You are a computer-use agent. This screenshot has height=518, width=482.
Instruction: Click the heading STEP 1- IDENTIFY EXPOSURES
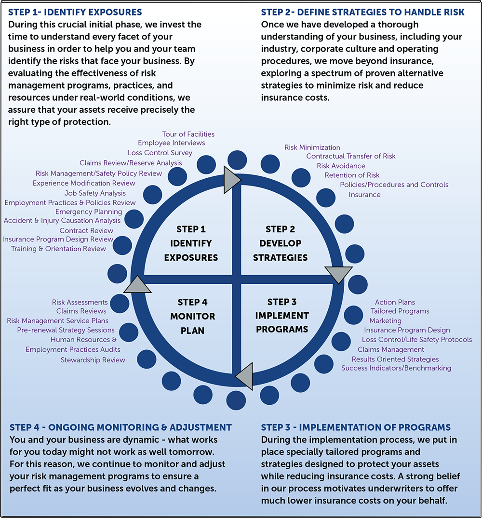75,12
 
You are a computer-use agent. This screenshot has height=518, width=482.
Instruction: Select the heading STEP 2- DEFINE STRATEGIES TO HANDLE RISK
363,12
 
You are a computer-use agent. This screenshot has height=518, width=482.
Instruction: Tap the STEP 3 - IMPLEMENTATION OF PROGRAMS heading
356,427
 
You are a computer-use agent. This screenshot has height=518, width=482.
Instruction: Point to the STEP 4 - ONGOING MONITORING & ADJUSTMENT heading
120,427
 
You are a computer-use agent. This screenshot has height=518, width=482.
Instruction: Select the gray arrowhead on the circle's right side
339,275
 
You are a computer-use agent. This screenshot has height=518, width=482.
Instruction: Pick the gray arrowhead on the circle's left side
137,284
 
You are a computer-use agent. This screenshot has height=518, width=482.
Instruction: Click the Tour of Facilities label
188,134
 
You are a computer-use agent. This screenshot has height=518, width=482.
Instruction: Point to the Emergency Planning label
89,212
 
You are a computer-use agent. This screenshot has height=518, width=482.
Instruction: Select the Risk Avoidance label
341,166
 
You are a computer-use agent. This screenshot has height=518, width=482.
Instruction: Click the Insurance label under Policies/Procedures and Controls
364,195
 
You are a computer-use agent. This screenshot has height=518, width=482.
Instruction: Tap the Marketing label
385,321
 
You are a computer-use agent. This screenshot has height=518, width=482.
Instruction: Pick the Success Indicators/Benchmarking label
396,368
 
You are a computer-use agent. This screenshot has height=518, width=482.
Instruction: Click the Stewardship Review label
93,360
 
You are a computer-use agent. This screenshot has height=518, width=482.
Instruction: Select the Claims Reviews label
81,311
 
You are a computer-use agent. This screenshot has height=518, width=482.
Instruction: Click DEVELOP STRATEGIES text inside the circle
280,250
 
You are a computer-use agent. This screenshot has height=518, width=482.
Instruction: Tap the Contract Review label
86,231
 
